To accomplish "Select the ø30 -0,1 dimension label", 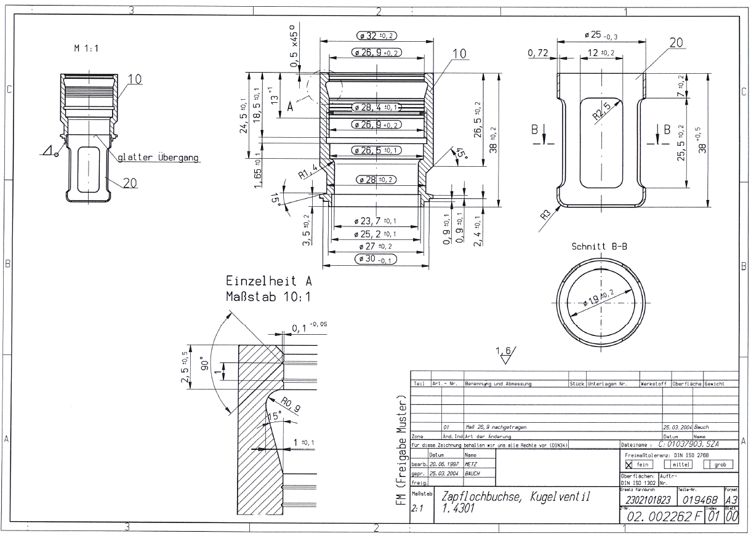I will tap(375, 259).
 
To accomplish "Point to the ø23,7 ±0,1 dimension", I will tap(375, 221).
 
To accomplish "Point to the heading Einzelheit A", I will tap(269, 282).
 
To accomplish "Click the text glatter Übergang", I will tap(158, 158).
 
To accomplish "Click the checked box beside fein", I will tap(629, 465).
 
